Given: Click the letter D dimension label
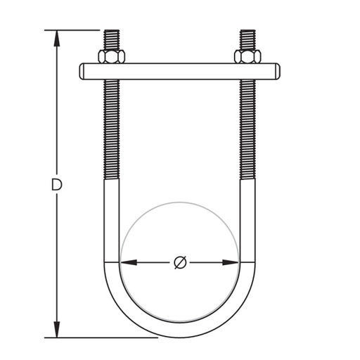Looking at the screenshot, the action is (57, 184).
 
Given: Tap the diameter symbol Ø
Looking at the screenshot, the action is (181, 262).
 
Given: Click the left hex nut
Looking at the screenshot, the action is (112, 56).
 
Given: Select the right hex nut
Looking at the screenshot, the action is (247, 56).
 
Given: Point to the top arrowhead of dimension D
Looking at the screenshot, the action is (57, 38).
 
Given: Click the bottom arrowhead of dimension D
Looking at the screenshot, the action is (57, 330).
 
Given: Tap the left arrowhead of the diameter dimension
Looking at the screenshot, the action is (129, 262).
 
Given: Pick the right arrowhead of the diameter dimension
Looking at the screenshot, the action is (231, 262).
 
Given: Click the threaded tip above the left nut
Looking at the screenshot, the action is (112, 39).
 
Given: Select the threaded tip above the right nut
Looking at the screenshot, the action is (248, 39).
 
